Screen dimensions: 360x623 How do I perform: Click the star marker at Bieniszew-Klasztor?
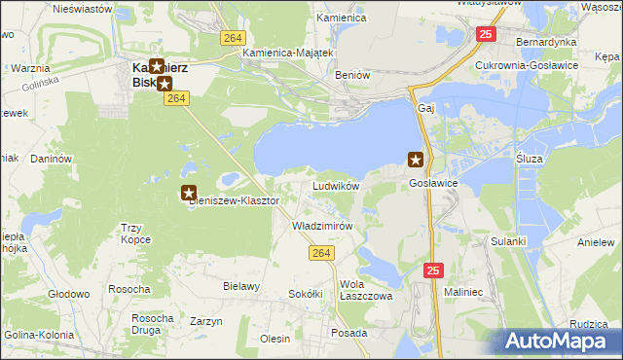189,194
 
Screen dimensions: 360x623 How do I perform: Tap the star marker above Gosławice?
416,160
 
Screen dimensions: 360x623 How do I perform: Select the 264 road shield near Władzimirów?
324,252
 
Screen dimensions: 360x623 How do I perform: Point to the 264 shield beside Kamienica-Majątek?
231,37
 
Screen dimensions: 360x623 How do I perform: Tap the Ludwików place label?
336,185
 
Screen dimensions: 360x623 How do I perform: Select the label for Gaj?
424,107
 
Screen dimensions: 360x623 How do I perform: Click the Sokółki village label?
305,293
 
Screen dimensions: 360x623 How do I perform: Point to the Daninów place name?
52,158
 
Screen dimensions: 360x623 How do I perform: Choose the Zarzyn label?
206,321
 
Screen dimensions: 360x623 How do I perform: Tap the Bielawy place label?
241,286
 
